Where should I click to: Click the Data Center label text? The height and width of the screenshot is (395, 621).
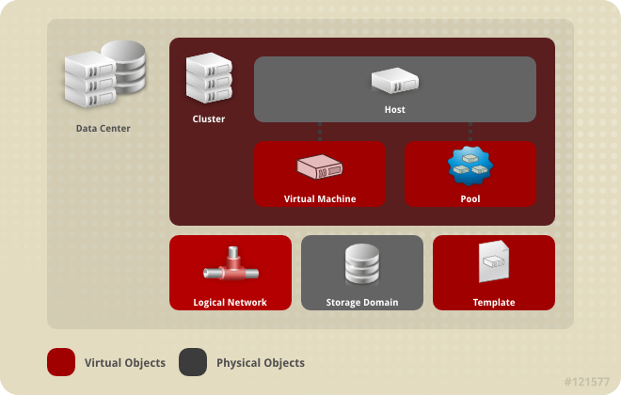pos(103,129)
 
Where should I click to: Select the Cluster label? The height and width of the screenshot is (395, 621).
pos(208,119)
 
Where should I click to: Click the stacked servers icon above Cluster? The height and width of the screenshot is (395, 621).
pos(208,78)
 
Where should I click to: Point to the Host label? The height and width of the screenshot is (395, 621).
pos(395,110)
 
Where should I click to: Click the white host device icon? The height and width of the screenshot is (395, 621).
pos(395,82)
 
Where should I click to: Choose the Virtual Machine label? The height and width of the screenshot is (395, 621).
pos(320,199)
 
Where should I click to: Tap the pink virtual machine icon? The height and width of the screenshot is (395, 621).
pos(320,167)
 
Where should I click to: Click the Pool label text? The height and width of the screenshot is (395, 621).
pos(470,199)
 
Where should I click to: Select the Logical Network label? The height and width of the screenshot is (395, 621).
pos(231,303)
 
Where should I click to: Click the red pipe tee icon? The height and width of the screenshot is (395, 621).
pos(231,266)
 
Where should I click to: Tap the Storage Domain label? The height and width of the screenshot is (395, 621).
pos(362,303)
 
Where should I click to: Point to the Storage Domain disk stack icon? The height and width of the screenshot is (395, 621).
pos(362,264)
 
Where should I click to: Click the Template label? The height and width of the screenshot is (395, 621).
pos(494,303)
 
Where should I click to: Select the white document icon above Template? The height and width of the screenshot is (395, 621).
pos(494,264)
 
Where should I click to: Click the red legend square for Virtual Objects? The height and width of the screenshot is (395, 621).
pos(61,362)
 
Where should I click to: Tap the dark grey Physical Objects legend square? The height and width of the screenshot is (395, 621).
pos(194,362)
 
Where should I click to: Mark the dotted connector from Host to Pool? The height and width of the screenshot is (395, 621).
pos(470,132)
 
